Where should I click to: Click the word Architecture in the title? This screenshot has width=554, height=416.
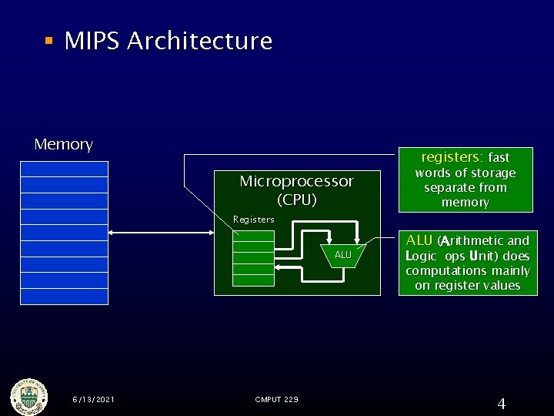[200, 41]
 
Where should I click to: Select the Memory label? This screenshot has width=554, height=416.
[64, 144]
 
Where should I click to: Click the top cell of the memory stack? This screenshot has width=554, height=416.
[65, 169]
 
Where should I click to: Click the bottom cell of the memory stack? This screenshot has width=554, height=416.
[65, 297]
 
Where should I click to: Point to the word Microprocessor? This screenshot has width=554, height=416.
[296, 181]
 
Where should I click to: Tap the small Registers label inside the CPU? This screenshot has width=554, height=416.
[253, 220]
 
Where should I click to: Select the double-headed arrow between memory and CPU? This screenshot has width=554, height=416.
[161, 232]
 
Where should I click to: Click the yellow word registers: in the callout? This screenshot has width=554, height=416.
[452, 156]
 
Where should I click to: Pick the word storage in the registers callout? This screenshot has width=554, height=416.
[490, 173]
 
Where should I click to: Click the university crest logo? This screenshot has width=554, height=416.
[28, 398]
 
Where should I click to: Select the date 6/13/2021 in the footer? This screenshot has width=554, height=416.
[93, 399]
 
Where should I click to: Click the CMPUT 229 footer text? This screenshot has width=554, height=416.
[276, 399]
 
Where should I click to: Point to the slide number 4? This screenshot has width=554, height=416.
[501, 404]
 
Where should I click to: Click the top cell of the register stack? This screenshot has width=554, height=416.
[253, 237]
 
